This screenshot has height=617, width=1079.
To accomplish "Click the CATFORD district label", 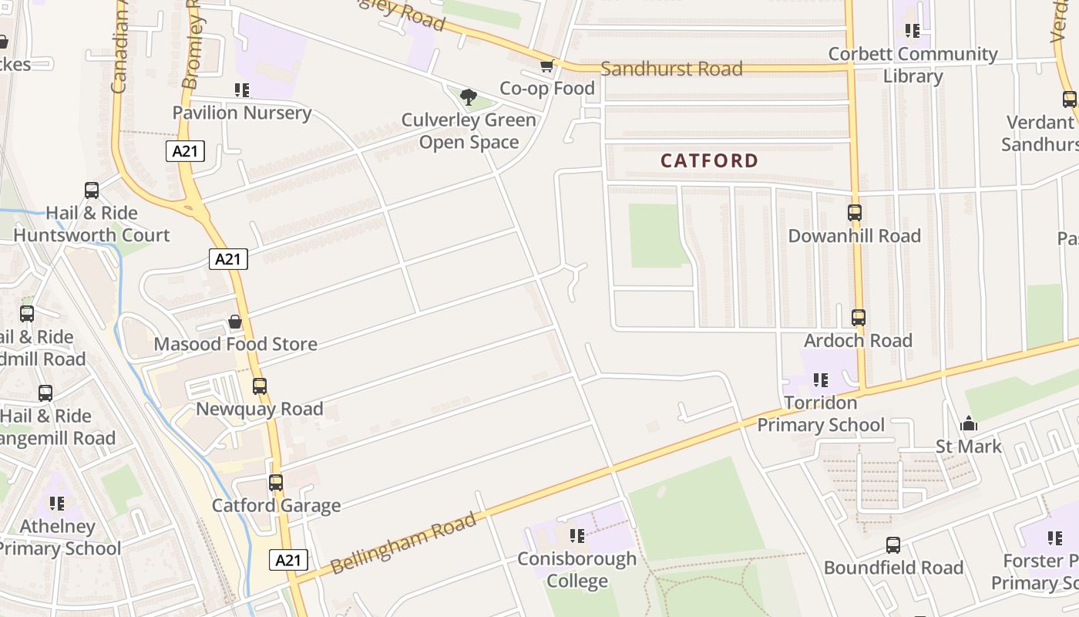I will (x=710, y=160).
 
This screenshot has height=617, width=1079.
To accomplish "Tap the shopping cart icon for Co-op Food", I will (x=546, y=66).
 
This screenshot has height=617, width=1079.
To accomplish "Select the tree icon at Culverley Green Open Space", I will (x=468, y=97).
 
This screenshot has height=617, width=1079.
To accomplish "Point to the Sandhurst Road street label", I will (x=671, y=69).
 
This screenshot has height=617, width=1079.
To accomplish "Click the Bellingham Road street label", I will (x=404, y=545).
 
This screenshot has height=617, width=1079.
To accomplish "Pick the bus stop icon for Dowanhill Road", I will (x=854, y=213).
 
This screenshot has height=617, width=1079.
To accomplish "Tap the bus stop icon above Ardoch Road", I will (x=858, y=317).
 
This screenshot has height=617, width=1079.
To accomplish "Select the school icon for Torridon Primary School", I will (x=821, y=379).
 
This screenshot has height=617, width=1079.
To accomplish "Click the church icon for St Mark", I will (x=969, y=423).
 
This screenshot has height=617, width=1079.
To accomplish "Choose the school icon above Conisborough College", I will (x=576, y=535).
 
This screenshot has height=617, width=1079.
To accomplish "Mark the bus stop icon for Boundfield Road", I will (x=892, y=545).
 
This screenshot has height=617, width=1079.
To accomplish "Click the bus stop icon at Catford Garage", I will (x=275, y=483).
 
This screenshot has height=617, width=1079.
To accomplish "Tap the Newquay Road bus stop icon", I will (x=260, y=386).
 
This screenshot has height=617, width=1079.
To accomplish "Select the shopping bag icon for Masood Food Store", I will (x=235, y=322).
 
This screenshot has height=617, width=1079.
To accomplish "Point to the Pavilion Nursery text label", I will (x=241, y=113).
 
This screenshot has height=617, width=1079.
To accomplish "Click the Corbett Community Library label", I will (x=913, y=65).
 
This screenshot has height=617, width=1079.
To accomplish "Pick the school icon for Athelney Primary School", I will (x=56, y=504).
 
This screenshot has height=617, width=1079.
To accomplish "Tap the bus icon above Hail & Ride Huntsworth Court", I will (x=91, y=190).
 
